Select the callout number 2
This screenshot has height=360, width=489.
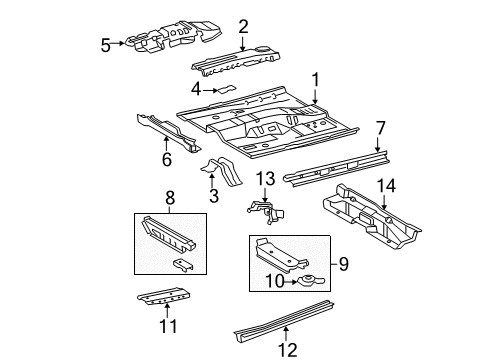(243, 27)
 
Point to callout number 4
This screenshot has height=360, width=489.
(197, 89)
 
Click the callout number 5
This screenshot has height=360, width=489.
(106, 44)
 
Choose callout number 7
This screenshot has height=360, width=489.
(380, 127)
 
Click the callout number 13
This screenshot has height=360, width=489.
(265, 178)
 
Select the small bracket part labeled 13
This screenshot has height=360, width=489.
(263, 209)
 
